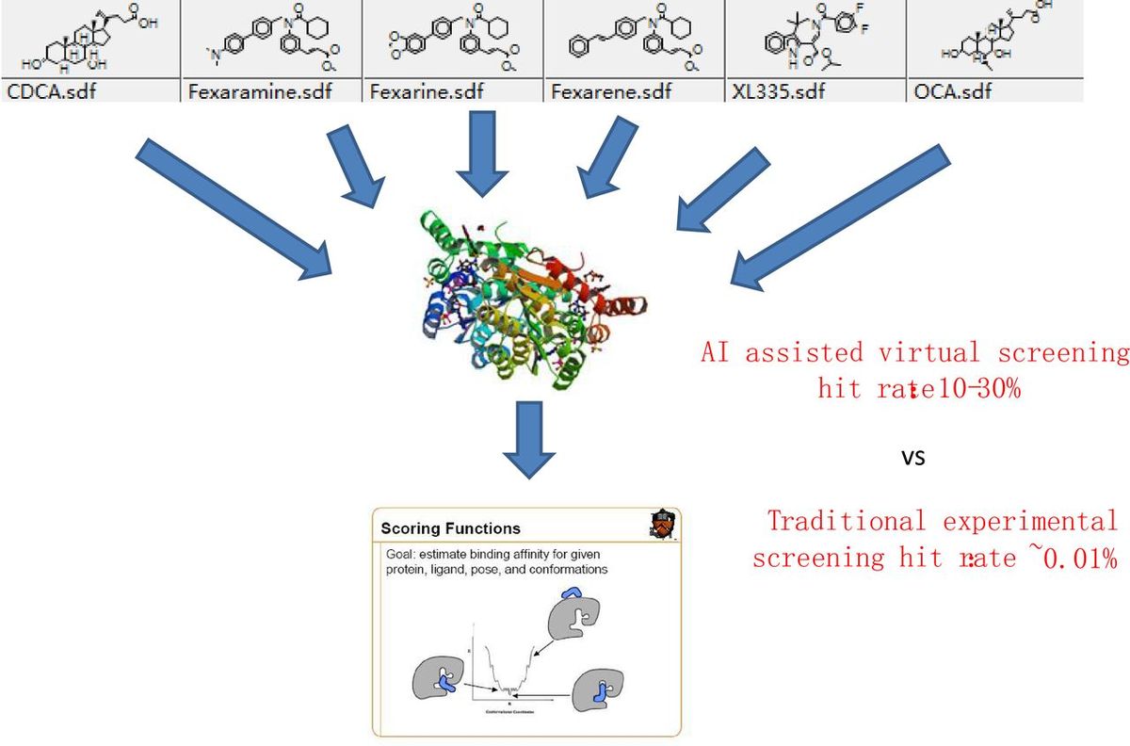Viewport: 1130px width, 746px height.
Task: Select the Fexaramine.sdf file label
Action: [249, 91]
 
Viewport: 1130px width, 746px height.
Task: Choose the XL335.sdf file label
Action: [773, 91]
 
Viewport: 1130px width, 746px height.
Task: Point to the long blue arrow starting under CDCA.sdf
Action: [235, 212]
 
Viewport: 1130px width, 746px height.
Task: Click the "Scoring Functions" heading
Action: [450, 528]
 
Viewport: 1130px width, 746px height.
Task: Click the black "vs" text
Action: [912, 459]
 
